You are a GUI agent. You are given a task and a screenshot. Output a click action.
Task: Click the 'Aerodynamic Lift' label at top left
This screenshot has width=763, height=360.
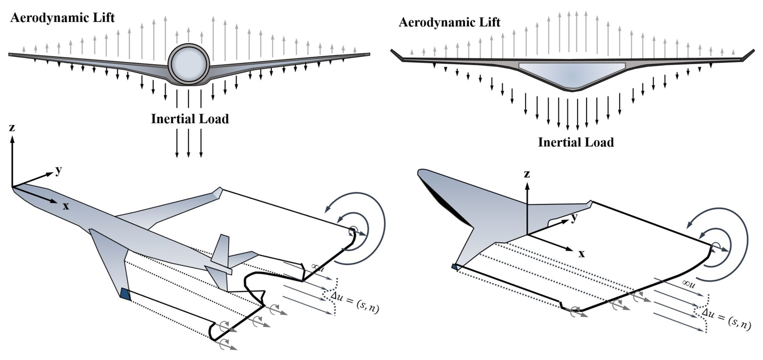(62, 18)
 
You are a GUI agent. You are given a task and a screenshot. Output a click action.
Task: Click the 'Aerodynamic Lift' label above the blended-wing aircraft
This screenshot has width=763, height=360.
(449, 22)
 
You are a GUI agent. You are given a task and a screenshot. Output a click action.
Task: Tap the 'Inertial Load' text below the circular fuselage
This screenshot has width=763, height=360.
(190, 119)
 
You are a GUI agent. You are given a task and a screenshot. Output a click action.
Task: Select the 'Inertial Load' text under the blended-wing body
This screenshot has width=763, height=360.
(576, 142)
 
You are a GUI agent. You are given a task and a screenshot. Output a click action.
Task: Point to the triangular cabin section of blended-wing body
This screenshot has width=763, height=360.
(572, 74)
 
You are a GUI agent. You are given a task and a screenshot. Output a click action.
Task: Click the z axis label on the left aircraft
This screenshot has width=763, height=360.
(12, 128)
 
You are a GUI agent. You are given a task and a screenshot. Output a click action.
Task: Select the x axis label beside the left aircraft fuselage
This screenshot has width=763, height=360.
(65, 206)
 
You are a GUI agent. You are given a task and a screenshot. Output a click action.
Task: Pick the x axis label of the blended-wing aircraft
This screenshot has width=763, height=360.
(582, 254)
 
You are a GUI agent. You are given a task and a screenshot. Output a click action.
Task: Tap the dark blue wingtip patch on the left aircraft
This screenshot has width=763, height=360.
(126, 294)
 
